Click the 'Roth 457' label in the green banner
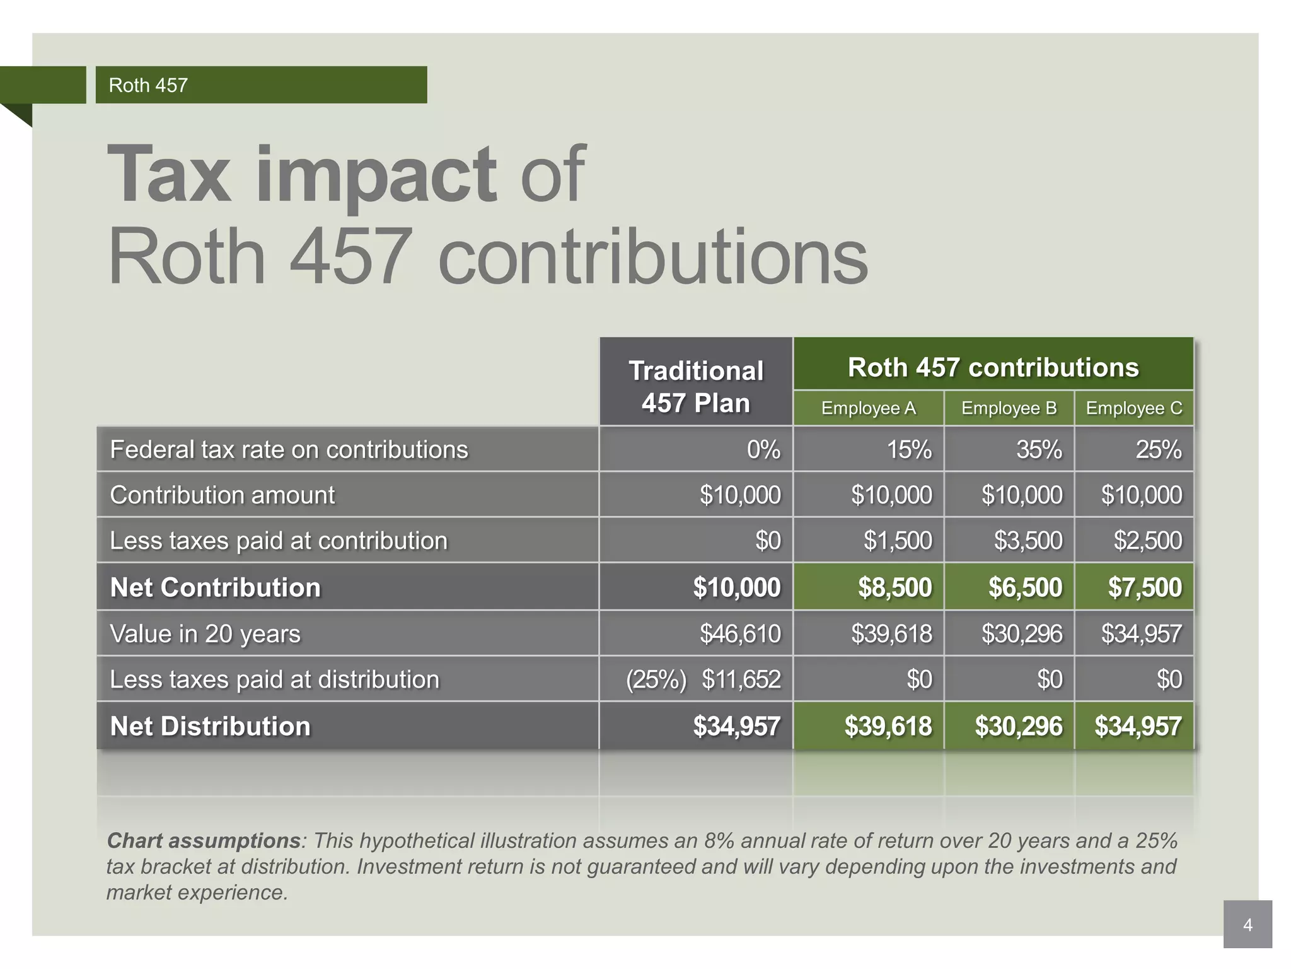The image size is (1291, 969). (148, 85)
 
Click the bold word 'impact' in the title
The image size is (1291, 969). (376, 175)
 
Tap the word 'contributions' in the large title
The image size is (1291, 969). (652, 258)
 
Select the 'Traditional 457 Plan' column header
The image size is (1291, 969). (696, 386)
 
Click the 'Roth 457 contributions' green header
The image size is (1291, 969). (993, 367)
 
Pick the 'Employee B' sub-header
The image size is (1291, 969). (1009, 408)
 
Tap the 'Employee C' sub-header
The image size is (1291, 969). (1133, 408)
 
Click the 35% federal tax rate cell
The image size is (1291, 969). (1038, 450)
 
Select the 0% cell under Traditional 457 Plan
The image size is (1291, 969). (763, 450)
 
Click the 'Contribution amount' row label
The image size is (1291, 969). (222, 495)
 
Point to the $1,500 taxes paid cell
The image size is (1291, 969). (897, 541)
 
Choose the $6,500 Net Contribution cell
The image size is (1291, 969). (1024, 587)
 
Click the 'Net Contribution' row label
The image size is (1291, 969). (215, 587)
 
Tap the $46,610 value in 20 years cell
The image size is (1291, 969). (739, 633)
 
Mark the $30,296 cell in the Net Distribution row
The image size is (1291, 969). (1018, 726)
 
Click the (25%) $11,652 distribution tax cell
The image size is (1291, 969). (703, 679)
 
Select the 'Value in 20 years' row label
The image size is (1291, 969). (205, 633)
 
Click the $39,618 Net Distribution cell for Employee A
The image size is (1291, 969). (888, 726)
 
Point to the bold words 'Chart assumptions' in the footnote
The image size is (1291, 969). (203, 841)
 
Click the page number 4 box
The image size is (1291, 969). (1247, 925)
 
